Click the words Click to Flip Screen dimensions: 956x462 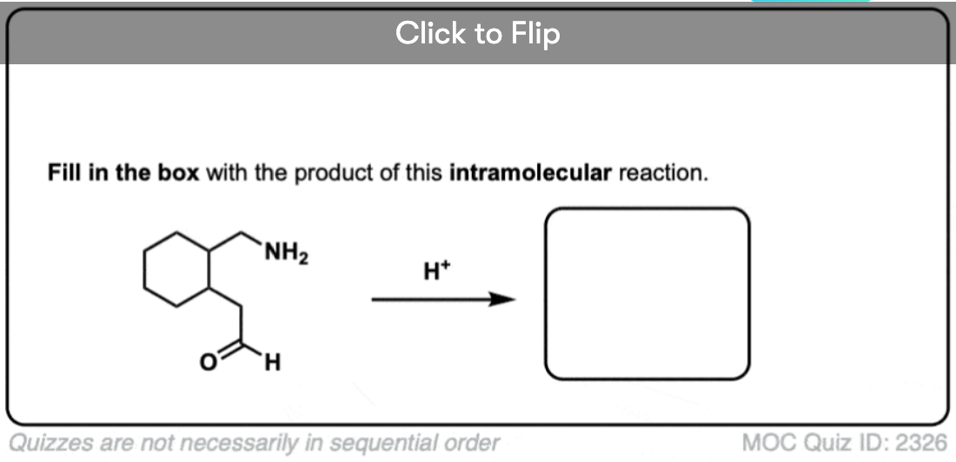(x=477, y=33)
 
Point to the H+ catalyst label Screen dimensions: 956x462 (x=436, y=271)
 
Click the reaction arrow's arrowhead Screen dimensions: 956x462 (x=503, y=300)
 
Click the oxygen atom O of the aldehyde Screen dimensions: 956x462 (x=208, y=362)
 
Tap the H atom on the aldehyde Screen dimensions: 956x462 (x=273, y=363)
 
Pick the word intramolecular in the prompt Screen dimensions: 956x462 (x=530, y=174)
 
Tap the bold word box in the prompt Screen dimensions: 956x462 (x=178, y=174)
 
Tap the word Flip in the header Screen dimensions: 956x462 (x=535, y=34)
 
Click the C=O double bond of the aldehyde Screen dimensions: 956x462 (x=229, y=351)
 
